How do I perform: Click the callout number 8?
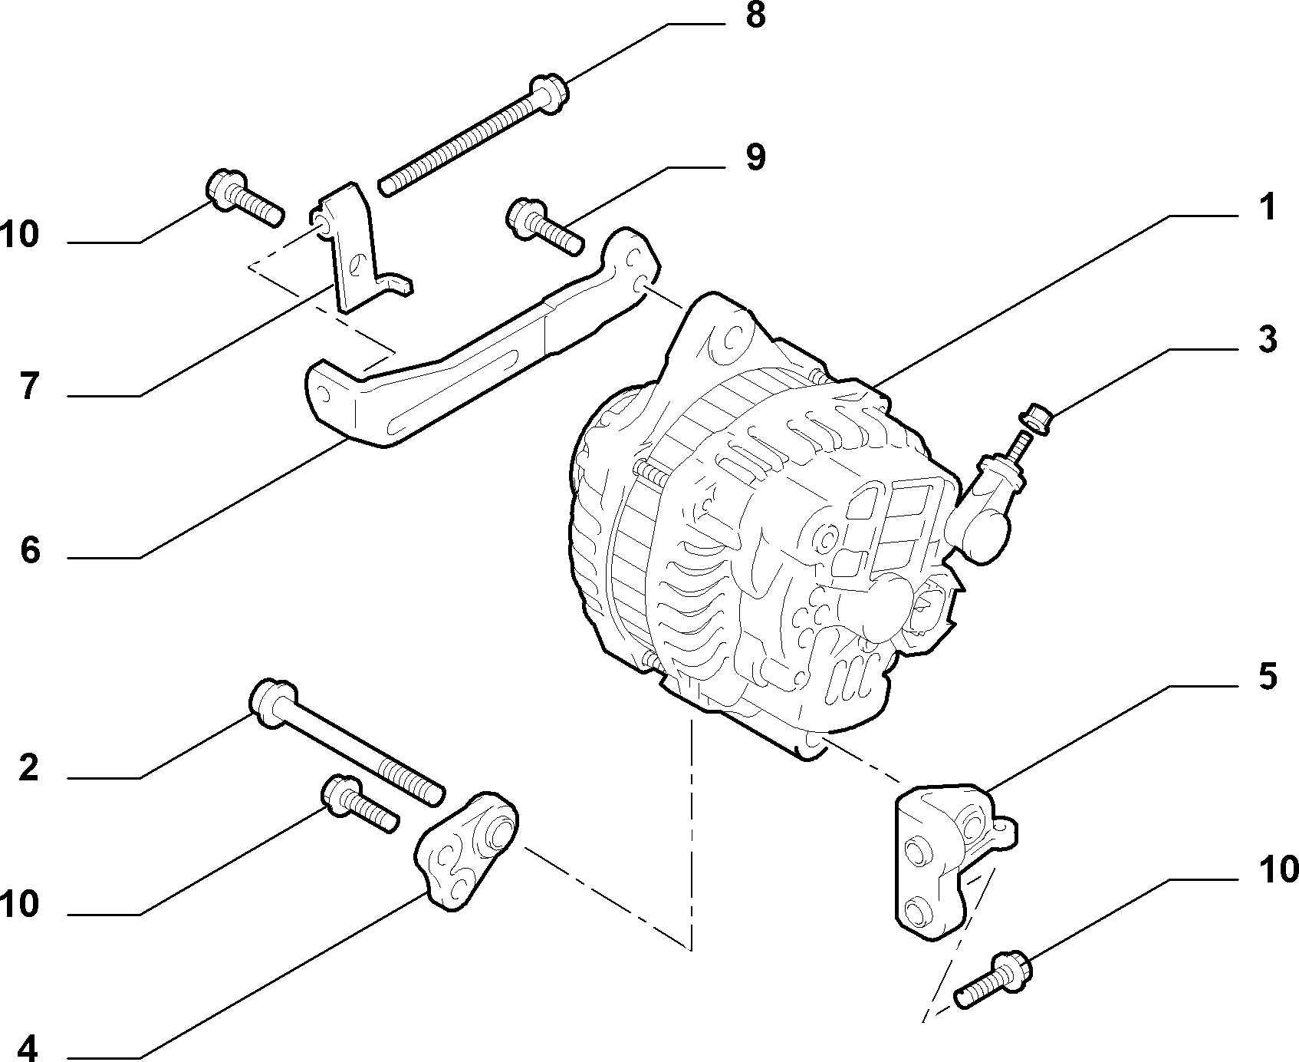755,15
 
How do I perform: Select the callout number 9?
755,158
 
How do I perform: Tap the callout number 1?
1267,207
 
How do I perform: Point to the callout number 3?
1267,339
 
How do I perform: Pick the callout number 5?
1267,678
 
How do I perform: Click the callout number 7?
29,388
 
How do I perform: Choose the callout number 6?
29,550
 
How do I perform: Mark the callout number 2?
29,768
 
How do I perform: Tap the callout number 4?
29,1047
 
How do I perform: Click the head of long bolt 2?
272,700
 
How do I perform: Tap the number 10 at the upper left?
20,235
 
